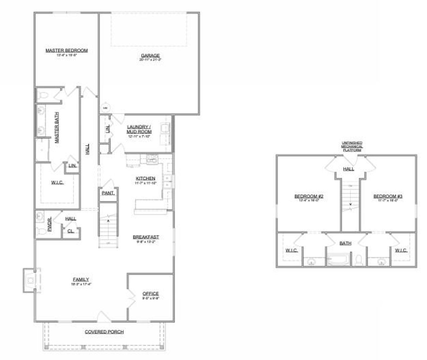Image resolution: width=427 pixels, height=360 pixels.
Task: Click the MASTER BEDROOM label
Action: point(66,51)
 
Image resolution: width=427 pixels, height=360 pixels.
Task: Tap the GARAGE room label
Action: point(150,56)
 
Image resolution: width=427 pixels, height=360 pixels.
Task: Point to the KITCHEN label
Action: point(145,179)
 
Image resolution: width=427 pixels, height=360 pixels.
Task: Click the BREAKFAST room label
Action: point(146,237)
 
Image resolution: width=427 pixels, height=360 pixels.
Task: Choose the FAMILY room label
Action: point(81,279)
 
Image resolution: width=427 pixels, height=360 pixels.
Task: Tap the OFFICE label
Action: point(150,294)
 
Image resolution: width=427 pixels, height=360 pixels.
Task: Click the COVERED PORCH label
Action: point(104,332)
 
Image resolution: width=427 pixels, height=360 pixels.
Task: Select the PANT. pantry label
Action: point(108,193)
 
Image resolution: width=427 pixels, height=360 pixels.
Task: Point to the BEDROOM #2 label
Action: point(309,196)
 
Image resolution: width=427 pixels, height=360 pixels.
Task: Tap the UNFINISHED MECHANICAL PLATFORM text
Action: point(352,147)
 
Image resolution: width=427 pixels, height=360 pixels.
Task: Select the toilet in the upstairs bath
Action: point(359,260)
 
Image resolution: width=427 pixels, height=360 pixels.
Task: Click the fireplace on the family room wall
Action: point(30,280)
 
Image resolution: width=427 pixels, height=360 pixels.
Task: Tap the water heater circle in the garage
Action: point(105,108)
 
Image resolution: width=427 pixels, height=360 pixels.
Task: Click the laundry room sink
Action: point(165,128)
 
